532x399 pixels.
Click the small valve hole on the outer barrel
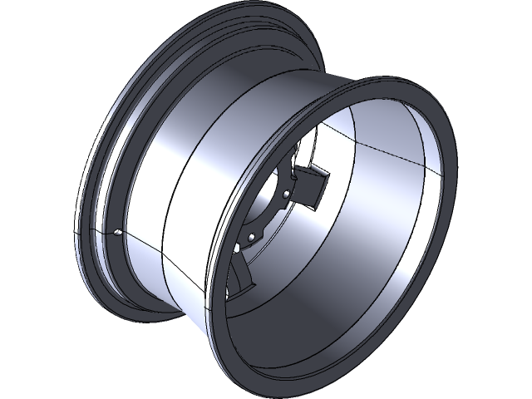[118, 233]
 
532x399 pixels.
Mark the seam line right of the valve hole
[145, 241]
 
